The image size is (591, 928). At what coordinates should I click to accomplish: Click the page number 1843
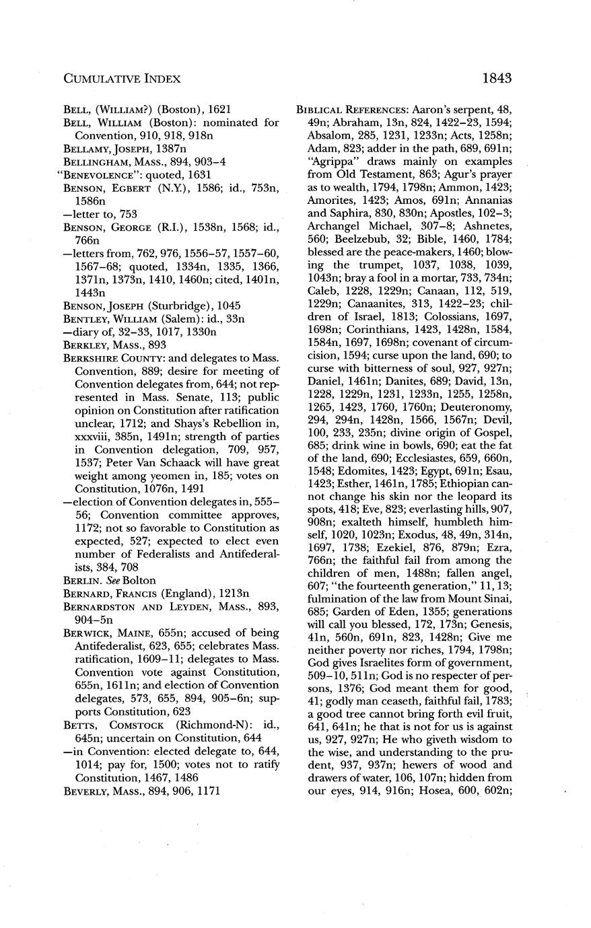coord(497,78)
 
